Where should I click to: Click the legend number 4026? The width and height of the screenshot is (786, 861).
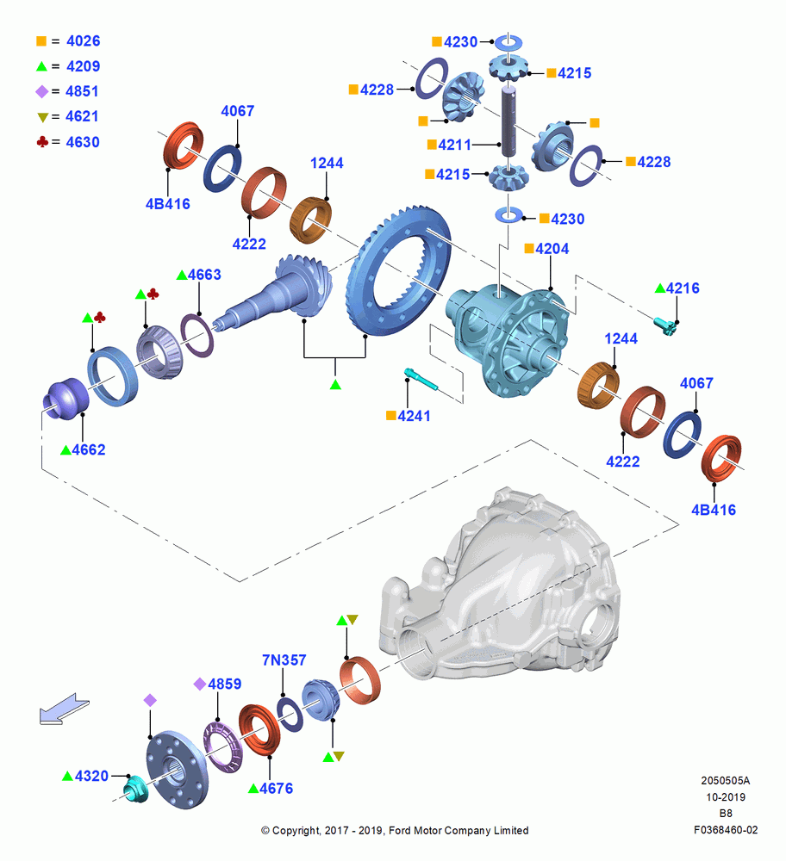click(83, 41)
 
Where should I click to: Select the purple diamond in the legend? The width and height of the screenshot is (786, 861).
click(41, 92)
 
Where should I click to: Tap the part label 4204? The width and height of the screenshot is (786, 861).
click(552, 249)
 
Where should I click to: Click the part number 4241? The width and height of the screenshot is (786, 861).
click(414, 416)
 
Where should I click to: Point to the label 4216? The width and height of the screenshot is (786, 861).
click(683, 288)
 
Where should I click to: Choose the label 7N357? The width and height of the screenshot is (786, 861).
click(284, 660)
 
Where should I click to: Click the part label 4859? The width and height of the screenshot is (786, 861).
click(225, 684)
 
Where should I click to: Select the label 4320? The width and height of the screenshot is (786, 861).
click(92, 776)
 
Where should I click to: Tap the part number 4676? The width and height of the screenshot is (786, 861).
click(276, 789)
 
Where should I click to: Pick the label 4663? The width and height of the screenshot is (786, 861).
click(204, 275)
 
